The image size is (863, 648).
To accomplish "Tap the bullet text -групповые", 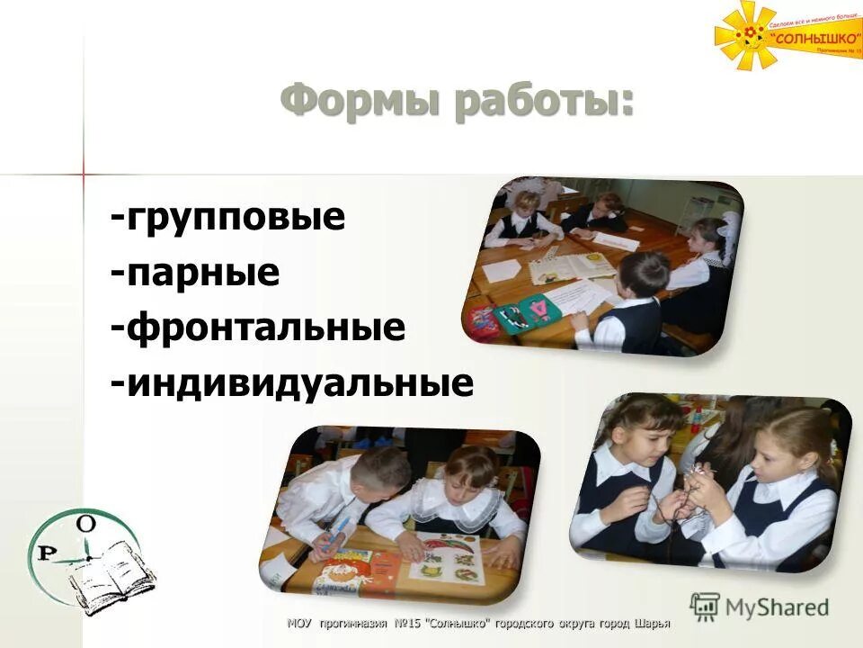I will coord(228,218).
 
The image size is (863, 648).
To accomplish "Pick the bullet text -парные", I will coord(195,273).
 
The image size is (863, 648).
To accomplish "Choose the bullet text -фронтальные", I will coord(258,328).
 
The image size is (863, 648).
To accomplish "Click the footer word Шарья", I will coord(653,623).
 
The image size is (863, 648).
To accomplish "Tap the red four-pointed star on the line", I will coord(83,172).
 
